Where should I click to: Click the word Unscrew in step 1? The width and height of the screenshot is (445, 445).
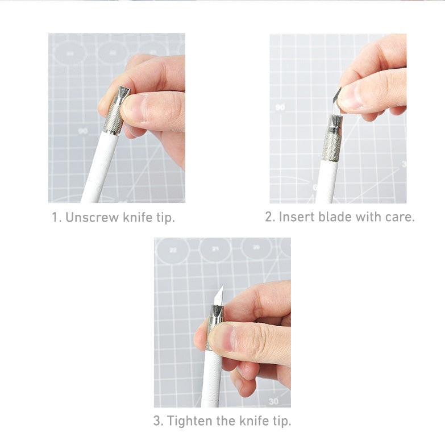point(92,218)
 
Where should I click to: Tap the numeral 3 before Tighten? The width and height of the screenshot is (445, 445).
point(157,421)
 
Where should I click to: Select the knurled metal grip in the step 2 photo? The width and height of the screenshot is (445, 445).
point(332,146)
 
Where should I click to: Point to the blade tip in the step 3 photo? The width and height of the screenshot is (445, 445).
point(223,285)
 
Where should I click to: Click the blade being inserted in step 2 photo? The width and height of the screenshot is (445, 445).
point(336,102)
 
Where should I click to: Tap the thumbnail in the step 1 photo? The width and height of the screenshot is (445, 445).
point(135,107)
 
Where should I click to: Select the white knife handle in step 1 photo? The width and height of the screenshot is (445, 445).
point(100,167)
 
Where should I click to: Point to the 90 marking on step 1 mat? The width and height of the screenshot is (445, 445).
point(83,131)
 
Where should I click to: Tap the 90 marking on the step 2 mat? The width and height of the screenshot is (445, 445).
point(280,107)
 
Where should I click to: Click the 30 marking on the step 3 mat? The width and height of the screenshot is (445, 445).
point(273,401)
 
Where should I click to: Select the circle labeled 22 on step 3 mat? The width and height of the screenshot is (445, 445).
point(173,250)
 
